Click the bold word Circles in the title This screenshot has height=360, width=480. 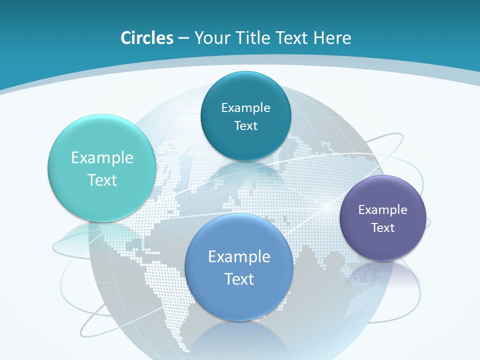pyautogui.click(x=146, y=38)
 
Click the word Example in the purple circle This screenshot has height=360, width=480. pyautogui.click(x=382, y=210)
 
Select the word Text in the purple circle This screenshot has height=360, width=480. pyautogui.click(x=382, y=228)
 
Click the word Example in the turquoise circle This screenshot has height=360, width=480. pyautogui.click(x=102, y=158)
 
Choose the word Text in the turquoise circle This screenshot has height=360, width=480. pyautogui.click(x=102, y=180)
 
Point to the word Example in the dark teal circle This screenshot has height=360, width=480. pyautogui.click(x=245, y=108)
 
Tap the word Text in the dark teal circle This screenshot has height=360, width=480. pyautogui.click(x=245, y=126)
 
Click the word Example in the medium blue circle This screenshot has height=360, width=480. pyautogui.click(x=239, y=257)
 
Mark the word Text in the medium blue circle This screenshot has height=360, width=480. pyautogui.click(x=239, y=279)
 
